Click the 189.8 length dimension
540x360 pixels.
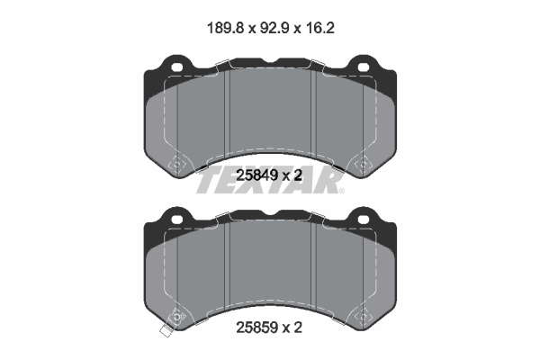click(x=225, y=28)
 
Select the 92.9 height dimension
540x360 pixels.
click(x=274, y=28)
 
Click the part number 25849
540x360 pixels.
click(x=256, y=175)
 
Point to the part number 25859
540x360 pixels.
click(x=256, y=328)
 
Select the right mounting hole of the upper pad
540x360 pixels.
click(x=364, y=67)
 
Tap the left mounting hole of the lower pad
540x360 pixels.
click(x=177, y=220)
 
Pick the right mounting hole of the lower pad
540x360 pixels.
click(x=364, y=220)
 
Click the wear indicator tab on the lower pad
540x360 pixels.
click(x=166, y=331)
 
